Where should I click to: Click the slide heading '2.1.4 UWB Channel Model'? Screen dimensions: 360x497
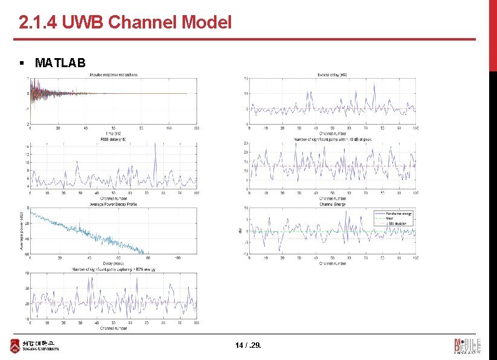pos(125,23)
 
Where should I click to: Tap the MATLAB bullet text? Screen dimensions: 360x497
pos(60,63)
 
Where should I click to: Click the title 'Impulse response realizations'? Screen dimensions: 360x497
pos(113,75)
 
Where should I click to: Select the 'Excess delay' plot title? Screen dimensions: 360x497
pos(332,75)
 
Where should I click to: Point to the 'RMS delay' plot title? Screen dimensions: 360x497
pos(113,139)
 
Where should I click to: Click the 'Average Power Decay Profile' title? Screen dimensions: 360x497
pos(113,205)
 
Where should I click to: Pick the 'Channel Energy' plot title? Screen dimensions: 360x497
pos(332,205)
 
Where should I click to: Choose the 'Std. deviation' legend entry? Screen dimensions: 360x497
pos(395,223)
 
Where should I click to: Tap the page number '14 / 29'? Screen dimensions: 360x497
pos(248,345)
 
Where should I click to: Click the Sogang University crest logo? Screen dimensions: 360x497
pos(15,345)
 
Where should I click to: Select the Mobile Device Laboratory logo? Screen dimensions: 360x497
pos(467,345)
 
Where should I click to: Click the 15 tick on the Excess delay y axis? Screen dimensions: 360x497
pos(245,79)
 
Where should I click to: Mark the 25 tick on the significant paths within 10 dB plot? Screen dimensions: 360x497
pos(245,143)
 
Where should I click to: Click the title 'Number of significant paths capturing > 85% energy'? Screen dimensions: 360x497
pos(113,269)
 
